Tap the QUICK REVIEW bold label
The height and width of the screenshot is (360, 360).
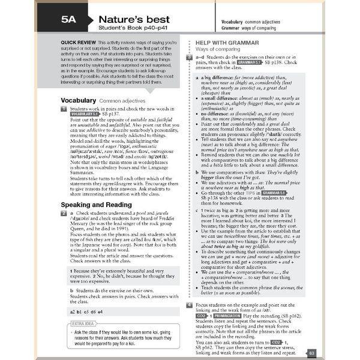[x=76, y=43]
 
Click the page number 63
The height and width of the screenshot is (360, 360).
[x=311, y=353]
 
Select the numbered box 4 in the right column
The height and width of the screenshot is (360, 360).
[x=189, y=305]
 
